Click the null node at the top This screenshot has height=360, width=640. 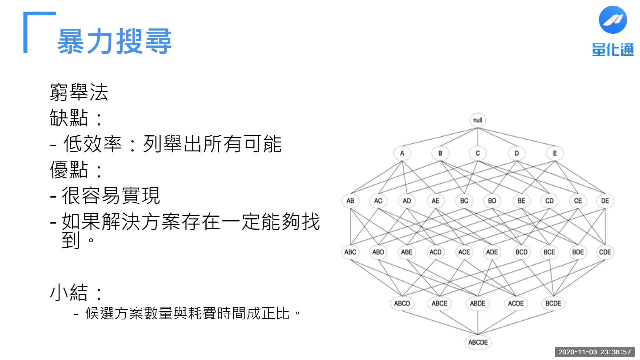tap(478, 120)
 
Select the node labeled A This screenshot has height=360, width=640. tap(402, 153)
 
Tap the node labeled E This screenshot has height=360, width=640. tap(555, 153)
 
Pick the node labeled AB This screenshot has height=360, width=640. tap(350, 201)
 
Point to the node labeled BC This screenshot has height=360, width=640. tap(464, 201)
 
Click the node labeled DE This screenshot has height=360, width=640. tap(605, 201)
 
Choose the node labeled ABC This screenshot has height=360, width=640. tap(350, 252)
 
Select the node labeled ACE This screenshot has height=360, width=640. tap(464, 252)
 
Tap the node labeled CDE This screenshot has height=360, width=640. tap(605, 252)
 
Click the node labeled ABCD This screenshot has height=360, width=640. tap(402, 304)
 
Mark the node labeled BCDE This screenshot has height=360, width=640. tap(553, 304)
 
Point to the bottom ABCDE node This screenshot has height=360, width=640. tap(478, 342)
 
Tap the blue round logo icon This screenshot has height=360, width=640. tap(613, 20)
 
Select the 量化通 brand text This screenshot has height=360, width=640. tap(613, 50)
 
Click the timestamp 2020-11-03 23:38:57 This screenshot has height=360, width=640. tap(594, 352)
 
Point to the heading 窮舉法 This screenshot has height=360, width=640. tap(79, 92)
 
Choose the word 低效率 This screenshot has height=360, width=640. tap(93, 144)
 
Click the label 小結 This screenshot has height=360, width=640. tap(69, 292)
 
